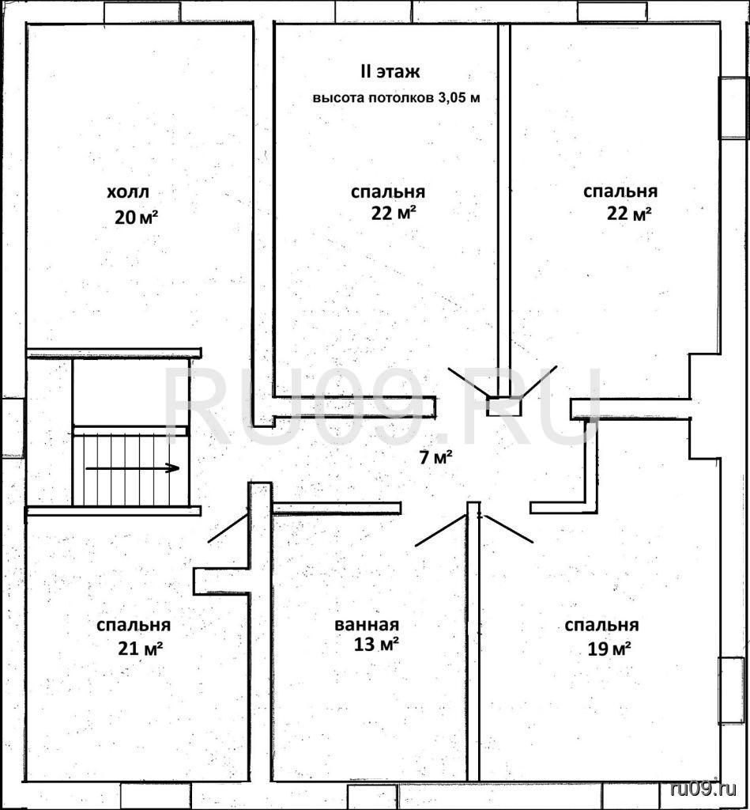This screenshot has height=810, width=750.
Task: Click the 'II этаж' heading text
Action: coord(390,72)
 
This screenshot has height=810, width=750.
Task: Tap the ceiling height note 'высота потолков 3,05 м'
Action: coord(397,98)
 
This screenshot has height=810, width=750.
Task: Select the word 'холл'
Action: coord(128,192)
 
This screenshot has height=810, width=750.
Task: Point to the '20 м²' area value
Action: coord(136,218)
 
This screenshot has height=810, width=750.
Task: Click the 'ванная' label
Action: coord(367,625)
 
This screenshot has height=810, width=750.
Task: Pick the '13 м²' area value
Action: coord(375,644)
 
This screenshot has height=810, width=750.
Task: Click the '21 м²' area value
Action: coord(141,647)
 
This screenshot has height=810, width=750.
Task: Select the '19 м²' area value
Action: coord(609,649)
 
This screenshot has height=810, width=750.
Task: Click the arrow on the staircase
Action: coord(132,468)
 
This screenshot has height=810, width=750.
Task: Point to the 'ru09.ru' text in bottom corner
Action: coord(703,789)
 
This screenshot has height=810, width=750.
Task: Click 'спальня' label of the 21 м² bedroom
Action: coord(134,626)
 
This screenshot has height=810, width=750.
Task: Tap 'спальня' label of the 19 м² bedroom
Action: coord(601,626)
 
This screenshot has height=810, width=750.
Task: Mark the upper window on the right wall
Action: coord(733,108)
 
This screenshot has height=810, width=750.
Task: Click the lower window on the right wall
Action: coord(733,689)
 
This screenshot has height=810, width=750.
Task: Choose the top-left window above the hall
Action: coord(142,13)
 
